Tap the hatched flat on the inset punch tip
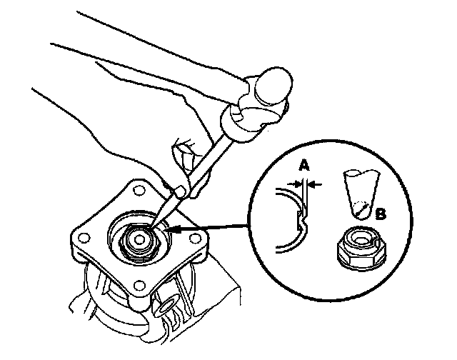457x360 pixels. (362, 209)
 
